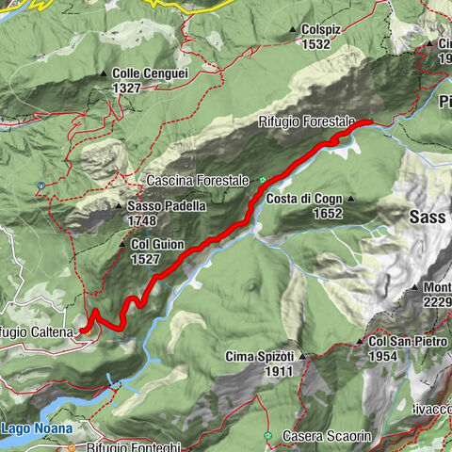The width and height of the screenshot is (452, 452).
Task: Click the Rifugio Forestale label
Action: click(308, 121)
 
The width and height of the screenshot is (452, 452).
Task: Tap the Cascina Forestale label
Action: click(198, 180)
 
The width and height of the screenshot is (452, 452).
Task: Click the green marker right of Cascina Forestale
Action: click(263, 179)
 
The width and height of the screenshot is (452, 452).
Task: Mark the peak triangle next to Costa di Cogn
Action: click(349, 199)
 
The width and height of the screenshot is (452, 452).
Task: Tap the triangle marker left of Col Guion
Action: click(122, 244)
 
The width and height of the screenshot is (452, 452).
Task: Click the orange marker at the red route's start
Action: click(85, 329)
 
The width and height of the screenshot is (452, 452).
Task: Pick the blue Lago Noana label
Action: click(32, 428)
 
